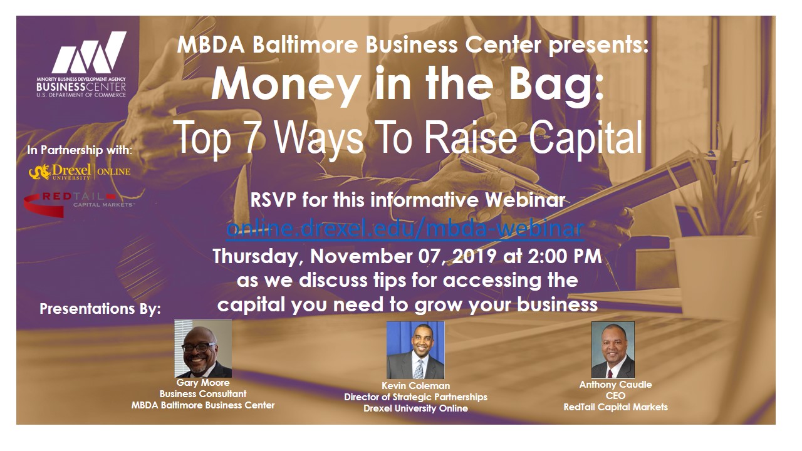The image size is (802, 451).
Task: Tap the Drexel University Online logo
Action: [80, 172]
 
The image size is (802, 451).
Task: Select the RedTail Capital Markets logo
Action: [79, 204]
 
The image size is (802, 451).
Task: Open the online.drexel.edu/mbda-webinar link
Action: [405, 228]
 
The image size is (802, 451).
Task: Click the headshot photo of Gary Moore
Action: [203, 348]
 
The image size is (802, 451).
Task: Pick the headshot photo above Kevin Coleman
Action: [415, 350]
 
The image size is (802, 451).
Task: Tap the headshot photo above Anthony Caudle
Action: [613, 350]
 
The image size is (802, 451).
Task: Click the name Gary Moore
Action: [203, 383]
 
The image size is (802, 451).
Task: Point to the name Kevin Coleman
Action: [415, 386]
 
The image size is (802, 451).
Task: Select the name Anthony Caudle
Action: [615, 385]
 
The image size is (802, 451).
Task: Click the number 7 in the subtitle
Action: [252, 138]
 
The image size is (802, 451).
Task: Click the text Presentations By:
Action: [100, 309]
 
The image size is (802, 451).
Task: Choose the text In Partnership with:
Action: [80, 150]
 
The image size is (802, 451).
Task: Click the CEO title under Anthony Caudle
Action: [615, 396]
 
